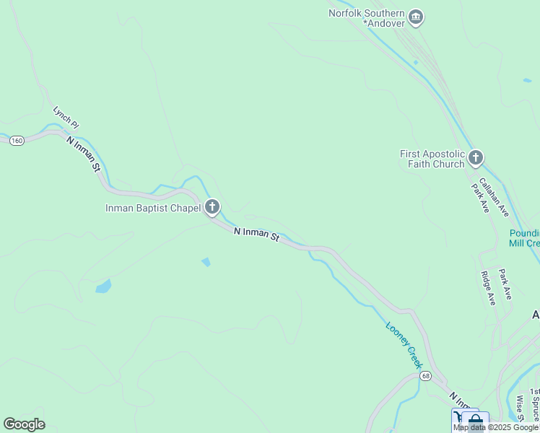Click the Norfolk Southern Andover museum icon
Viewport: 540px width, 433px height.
tap(416, 17)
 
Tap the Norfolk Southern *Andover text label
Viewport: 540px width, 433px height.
tap(367, 18)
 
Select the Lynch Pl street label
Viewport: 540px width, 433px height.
tap(65, 118)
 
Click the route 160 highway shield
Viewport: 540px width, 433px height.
tap(17, 140)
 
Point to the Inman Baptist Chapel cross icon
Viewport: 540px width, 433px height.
tap(212, 208)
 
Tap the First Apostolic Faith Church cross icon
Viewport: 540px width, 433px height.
tap(475, 158)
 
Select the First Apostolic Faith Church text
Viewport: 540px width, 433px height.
tap(432, 159)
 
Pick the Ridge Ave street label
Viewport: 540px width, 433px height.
tap(489, 288)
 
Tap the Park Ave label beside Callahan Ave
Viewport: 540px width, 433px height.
tap(480, 197)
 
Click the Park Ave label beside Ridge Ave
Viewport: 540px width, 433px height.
tap(505, 284)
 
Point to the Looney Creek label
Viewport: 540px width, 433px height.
tap(404, 346)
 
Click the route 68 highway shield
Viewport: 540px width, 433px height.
tap(426, 377)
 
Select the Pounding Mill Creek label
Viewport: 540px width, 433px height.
tap(525, 238)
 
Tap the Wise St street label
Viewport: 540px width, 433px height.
tap(519, 407)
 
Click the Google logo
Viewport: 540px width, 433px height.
tap(24, 424)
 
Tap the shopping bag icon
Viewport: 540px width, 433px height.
tap(475, 421)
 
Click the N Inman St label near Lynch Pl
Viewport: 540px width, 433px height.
tap(83, 154)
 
